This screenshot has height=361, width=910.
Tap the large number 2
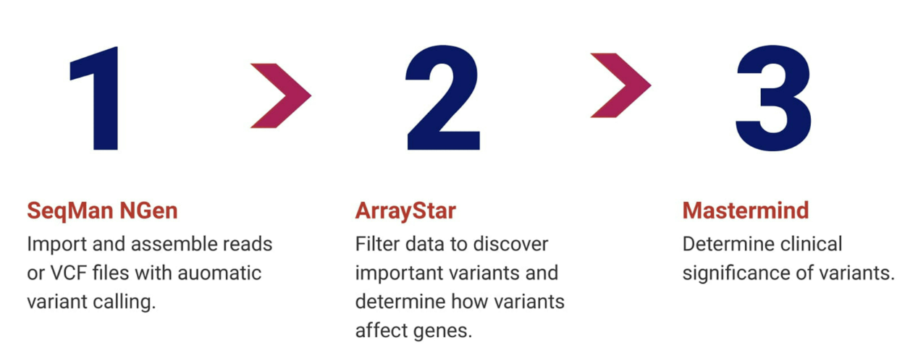point(443,98)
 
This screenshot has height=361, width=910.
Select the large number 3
point(773,98)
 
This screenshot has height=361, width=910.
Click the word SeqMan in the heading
point(70,211)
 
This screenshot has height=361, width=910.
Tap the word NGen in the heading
point(148,211)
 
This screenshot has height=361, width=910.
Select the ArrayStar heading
point(405,211)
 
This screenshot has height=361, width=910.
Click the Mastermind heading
point(746,211)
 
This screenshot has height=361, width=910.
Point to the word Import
point(56,245)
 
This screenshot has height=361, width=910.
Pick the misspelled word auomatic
point(219,273)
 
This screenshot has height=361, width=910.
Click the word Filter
point(377,245)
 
